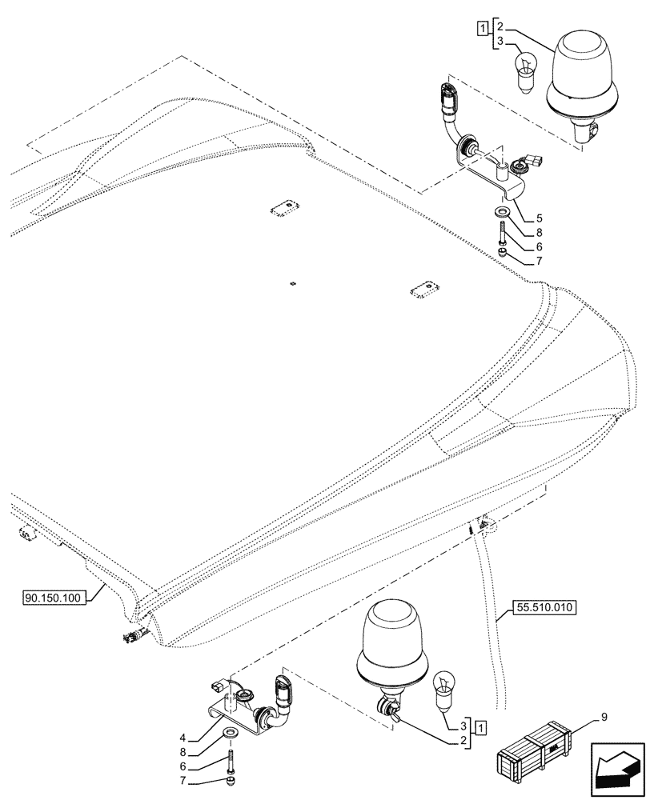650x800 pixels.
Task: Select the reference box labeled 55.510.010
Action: coord(542,607)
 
